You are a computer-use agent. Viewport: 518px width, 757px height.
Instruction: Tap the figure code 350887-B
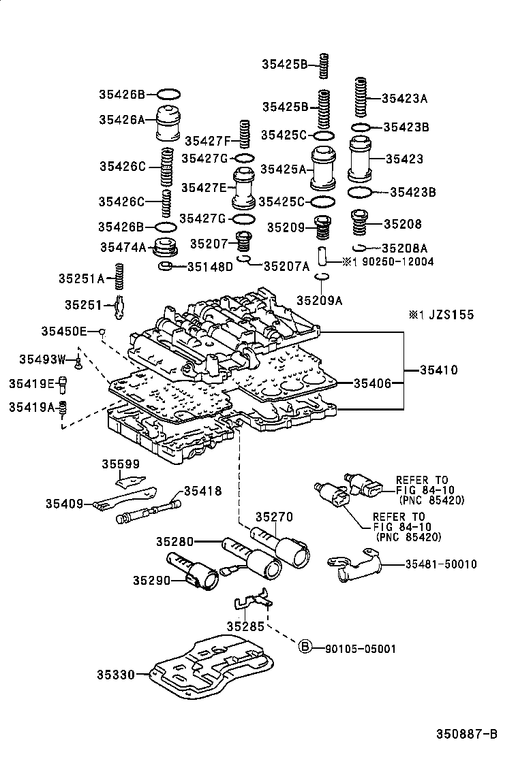[x=467, y=734]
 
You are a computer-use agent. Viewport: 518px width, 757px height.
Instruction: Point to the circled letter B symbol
[x=305, y=647]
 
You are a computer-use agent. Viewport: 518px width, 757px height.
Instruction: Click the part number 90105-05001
[x=357, y=649]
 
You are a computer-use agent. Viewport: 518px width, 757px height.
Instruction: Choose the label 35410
[x=438, y=371]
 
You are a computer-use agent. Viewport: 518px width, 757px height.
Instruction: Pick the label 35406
[x=372, y=384]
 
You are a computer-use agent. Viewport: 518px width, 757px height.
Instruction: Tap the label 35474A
[x=122, y=248]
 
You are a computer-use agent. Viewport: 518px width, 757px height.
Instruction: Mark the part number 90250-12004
[x=394, y=261]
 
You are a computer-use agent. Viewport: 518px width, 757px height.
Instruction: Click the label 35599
[x=121, y=465]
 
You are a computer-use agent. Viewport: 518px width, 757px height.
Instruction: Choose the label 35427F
[x=209, y=141]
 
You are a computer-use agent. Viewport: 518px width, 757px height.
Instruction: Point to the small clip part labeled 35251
[x=119, y=304]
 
